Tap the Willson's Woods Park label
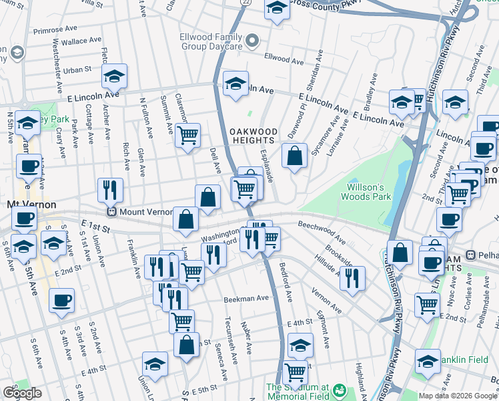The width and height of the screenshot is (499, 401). tap(366, 192)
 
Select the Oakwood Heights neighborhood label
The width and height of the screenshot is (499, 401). tap(252, 136)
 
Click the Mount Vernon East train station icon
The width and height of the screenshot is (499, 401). tap(113, 212)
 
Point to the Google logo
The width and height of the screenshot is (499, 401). tap(22, 393)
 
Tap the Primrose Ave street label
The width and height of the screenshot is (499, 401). tap(57, 30)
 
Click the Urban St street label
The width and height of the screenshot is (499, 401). tap(77, 70)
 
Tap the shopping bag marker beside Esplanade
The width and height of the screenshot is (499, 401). tap(294, 157)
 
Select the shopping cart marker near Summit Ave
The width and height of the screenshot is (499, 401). tap(187, 135)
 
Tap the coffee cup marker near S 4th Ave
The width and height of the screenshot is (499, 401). tap(61, 301)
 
